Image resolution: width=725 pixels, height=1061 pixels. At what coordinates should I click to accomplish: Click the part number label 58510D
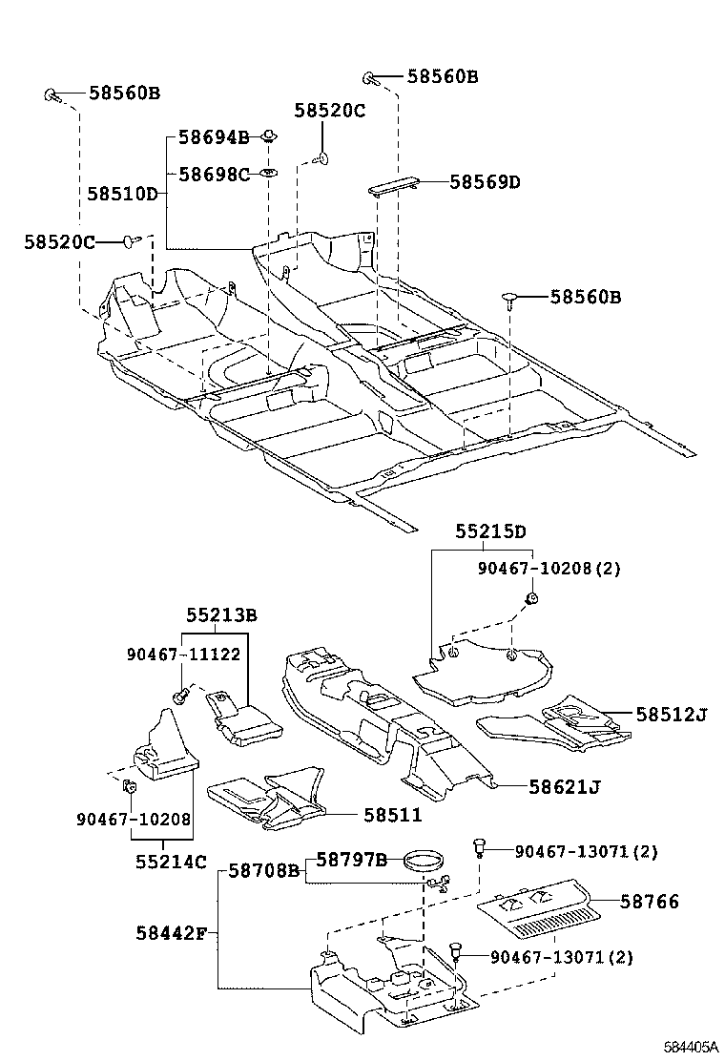tap(122, 194)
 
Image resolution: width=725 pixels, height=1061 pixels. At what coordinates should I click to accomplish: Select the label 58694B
tap(214, 137)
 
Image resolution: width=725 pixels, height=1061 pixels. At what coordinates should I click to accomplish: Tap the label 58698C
tap(214, 174)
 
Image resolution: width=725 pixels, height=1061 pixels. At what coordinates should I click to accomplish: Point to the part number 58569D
tap(485, 181)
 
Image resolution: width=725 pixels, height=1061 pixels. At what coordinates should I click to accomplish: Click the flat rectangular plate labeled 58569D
tap(394, 185)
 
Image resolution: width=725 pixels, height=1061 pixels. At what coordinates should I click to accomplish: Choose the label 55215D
tap(490, 531)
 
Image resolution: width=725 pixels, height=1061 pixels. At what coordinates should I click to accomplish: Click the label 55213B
tap(221, 615)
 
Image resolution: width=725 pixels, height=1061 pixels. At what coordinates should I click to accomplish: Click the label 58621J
tap(566, 786)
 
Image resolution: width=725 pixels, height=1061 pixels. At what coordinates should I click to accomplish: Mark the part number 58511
tap(392, 815)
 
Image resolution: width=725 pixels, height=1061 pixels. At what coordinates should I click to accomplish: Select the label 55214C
tap(171, 862)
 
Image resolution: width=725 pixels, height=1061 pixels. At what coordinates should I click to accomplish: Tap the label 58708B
tap(264, 871)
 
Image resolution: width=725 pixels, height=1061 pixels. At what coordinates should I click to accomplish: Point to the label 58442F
tap(171, 933)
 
